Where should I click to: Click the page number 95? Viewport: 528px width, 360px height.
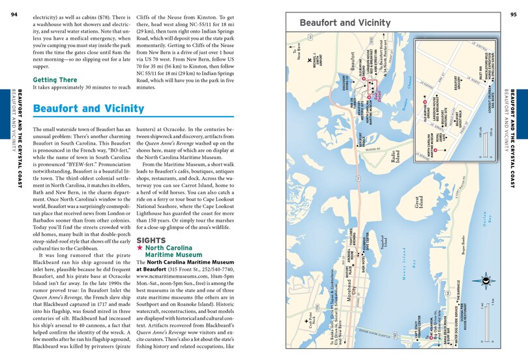[x=513, y=14]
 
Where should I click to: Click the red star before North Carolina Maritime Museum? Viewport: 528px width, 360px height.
[x=140, y=248]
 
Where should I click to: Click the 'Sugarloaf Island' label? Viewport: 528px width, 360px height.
[x=385, y=243]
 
